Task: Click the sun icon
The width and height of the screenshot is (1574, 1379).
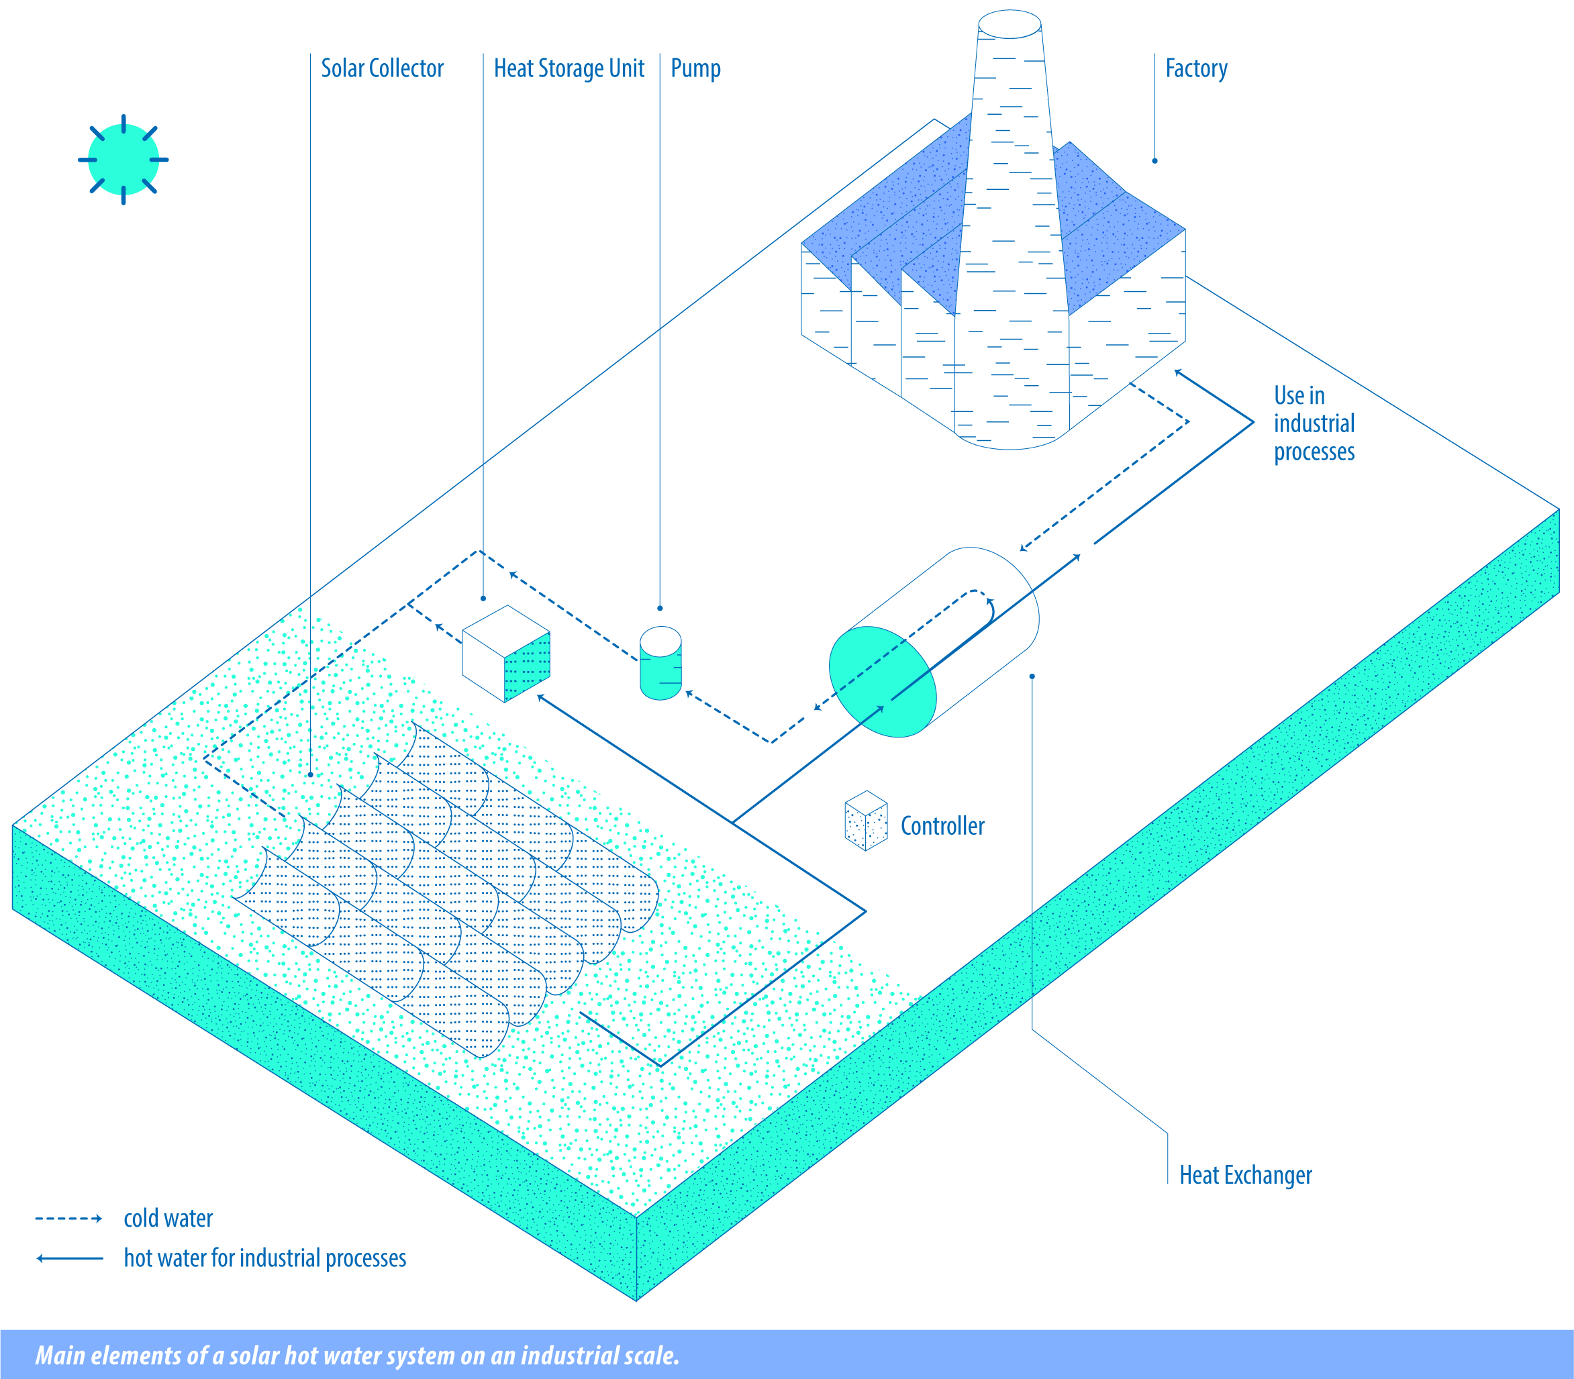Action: click(123, 159)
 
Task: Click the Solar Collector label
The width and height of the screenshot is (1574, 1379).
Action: click(382, 68)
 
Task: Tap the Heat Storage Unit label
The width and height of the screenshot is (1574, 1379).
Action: click(569, 69)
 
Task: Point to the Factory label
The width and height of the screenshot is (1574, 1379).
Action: click(1196, 69)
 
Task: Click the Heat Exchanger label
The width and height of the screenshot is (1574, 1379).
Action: click(1245, 1175)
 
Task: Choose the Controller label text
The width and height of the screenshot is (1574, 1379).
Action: click(942, 825)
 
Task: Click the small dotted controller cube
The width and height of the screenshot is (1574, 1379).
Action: click(866, 820)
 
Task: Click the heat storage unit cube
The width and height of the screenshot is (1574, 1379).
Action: click(505, 654)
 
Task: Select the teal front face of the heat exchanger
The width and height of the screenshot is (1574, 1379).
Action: click(883, 682)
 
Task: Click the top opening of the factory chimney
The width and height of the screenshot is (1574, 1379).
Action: click(1010, 24)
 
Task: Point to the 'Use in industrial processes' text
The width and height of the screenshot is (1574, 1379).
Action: click(1314, 423)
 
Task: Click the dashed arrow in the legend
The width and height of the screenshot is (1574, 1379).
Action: click(68, 1218)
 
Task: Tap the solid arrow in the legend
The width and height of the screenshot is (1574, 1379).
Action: click(69, 1258)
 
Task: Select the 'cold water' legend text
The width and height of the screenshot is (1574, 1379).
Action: click(168, 1218)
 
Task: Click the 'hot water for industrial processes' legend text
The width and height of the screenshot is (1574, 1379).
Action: click(264, 1258)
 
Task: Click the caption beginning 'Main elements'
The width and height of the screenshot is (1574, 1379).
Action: click(357, 1354)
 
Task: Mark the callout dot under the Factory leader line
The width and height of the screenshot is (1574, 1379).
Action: click(1154, 161)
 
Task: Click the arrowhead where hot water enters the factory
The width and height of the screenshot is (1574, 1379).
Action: click(1179, 373)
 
